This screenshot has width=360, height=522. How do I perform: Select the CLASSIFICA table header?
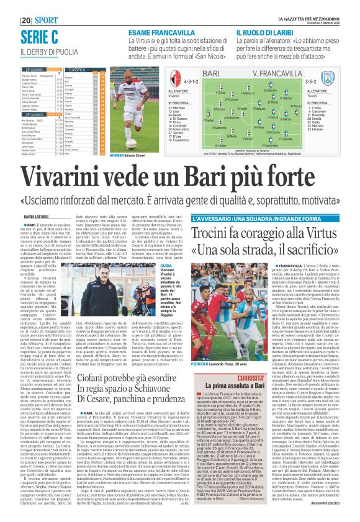76,70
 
